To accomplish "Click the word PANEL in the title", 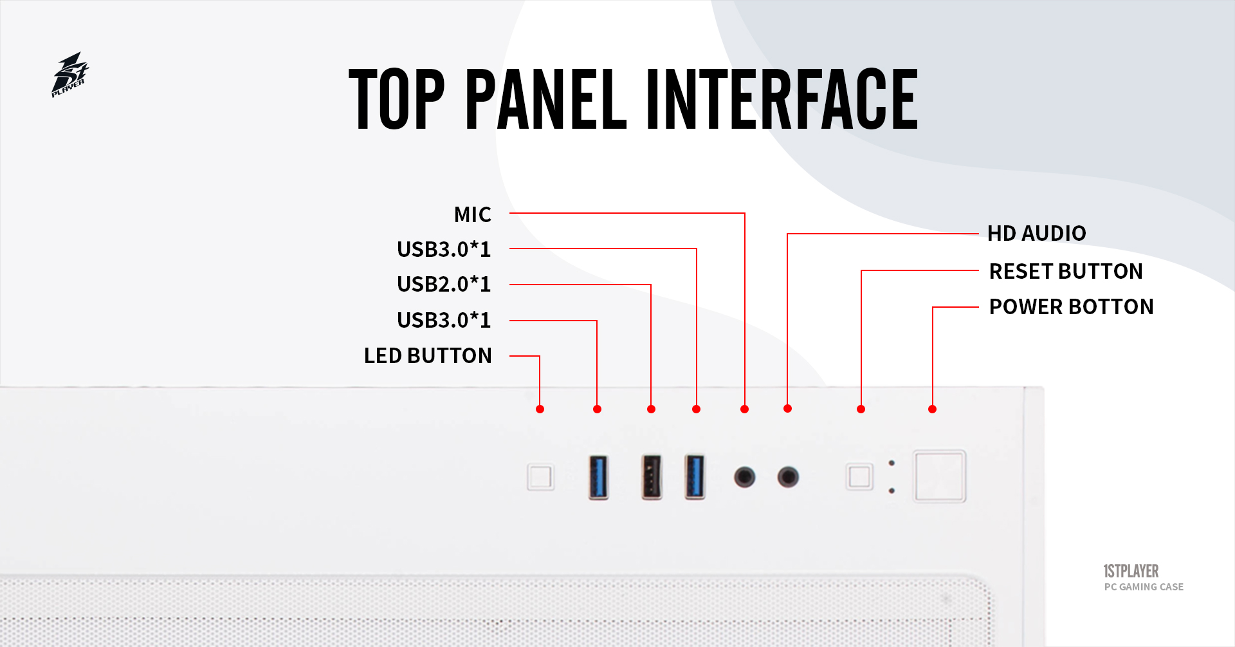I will [x=545, y=100].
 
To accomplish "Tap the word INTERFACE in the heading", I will [x=782, y=100].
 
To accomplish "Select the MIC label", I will [x=473, y=214].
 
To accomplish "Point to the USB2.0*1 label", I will [x=444, y=284].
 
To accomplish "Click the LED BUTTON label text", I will [x=428, y=355].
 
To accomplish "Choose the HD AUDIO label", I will [x=1036, y=233].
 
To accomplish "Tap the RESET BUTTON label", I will [x=1065, y=271].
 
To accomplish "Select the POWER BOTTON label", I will [x=1071, y=306].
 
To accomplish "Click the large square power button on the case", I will [x=940, y=476].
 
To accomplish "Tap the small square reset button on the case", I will [x=859, y=477].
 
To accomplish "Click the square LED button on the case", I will [x=540, y=477].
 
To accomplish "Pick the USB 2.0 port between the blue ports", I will [x=652, y=477].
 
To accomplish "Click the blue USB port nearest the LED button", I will [x=598, y=477].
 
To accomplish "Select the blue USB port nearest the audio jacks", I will [x=695, y=477].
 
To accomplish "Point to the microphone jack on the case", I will [x=745, y=477].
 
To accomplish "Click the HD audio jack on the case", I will [x=788, y=477].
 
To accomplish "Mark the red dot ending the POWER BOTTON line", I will [x=932, y=409].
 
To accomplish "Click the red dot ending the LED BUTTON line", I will [x=540, y=409].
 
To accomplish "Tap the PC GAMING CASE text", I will [x=1144, y=586].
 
